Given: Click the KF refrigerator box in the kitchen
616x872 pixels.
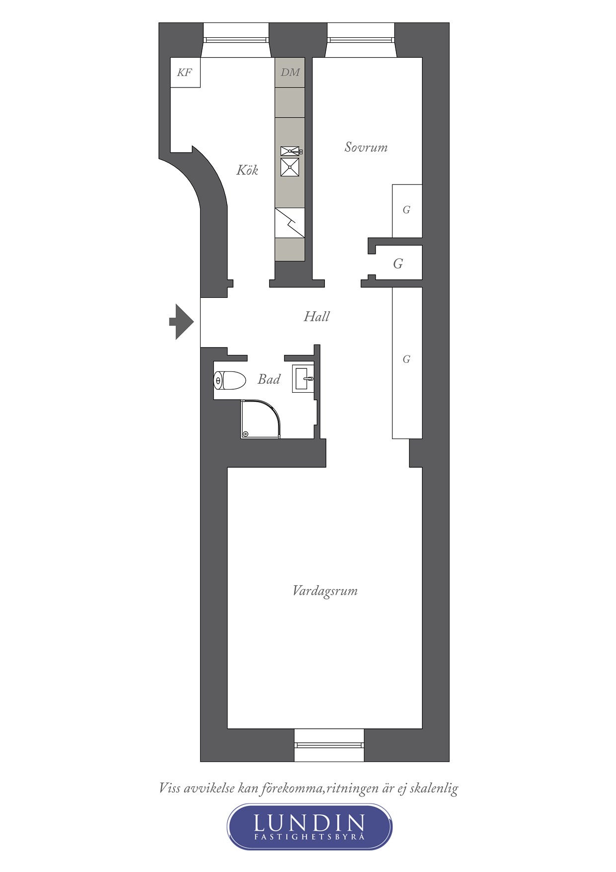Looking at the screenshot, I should click(185, 73).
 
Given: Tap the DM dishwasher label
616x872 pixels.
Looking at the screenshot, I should click(290, 73).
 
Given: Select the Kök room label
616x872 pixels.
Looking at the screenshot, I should click(247, 170).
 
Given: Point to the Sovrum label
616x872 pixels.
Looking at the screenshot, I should click(366, 147).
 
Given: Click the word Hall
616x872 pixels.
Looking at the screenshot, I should click(316, 316).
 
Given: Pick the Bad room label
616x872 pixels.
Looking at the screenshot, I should click(269, 379).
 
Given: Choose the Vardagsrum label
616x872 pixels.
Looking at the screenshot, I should click(325, 591).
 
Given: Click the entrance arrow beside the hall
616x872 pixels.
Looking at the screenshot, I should click(181, 322).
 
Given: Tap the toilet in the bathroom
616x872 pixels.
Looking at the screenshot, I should click(230, 381).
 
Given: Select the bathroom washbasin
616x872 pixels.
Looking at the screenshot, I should click(303, 379).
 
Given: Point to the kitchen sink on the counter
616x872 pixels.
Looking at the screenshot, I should click(290, 162).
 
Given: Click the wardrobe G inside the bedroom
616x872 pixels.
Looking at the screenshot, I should click(407, 210).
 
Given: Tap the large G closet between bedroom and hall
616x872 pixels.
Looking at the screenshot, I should click(398, 263).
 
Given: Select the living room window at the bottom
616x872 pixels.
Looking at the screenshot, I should click(329, 745).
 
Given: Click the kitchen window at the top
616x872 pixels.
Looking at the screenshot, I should click(236, 40).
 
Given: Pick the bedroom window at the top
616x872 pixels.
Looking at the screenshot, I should click(361, 40).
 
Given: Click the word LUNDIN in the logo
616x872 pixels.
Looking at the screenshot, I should click(309, 823).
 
